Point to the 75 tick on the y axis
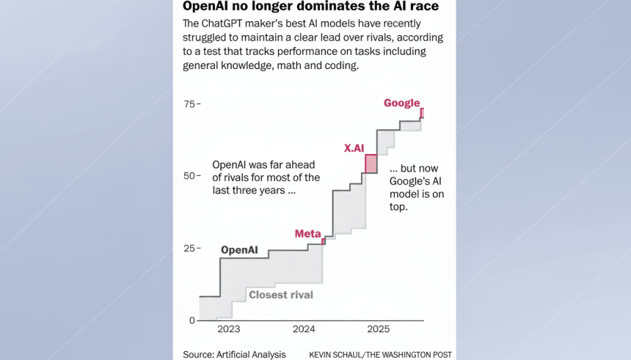coord(189,104)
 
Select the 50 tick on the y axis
coord(189,176)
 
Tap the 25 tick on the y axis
coord(189,249)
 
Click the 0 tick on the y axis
coord(192,320)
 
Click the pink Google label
coord(401,103)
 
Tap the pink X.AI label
coord(354,148)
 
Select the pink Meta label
coord(307,234)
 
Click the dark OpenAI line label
coord(239,250)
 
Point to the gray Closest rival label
coord(281,295)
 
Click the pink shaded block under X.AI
coord(371,164)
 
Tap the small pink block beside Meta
coord(324,240)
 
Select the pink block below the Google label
coord(422,113)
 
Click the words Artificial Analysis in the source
coord(252,354)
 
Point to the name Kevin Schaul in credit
coord(337,355)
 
